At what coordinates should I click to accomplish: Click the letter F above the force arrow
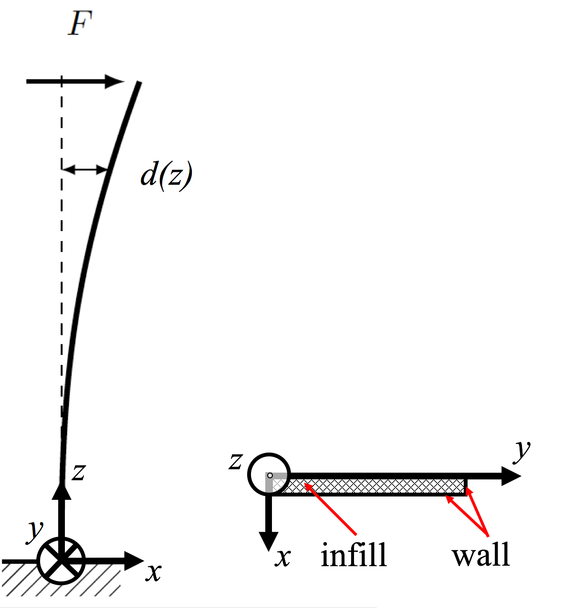coord(80,24)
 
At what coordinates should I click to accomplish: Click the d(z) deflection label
coord(166,175)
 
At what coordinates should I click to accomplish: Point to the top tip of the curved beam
coord(139,84)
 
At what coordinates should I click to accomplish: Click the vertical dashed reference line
coord(62,286)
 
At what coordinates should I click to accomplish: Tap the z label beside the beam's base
coord(78,472)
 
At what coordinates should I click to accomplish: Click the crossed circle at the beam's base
coord(61,560)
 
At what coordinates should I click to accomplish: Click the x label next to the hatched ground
coord(153,571)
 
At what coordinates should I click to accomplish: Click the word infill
coord(354,555)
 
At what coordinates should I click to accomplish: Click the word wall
coord(481,555)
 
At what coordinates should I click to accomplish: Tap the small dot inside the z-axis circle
coord(270,475)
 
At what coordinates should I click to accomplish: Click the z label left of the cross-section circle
coord(235,461)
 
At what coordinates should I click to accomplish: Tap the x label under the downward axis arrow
coord(283,557)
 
